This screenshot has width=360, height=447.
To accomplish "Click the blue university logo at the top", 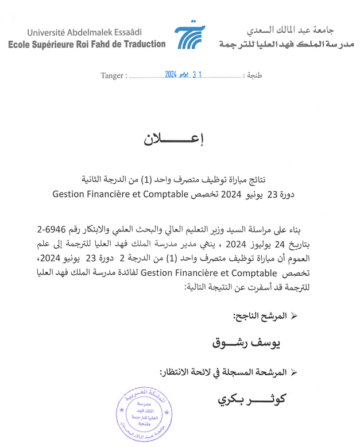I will pyautogui.click(x=190, y=37).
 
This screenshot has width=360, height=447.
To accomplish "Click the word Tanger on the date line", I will pyautogui.click(x=111, y=75).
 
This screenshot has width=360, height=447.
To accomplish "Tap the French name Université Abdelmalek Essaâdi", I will pyautogui.click(x=84, y=32).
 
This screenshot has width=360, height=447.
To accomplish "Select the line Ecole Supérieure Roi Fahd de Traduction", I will pyautogui.click(x=87, y=44).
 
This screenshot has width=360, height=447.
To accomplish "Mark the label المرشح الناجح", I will pyautogui.click(x=257, y=316).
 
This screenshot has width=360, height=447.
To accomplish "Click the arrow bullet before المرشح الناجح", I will pyautogui.click(x=295, y=316).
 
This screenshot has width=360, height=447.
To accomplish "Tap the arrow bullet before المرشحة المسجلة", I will pyautogui.click(x=295, y=372).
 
